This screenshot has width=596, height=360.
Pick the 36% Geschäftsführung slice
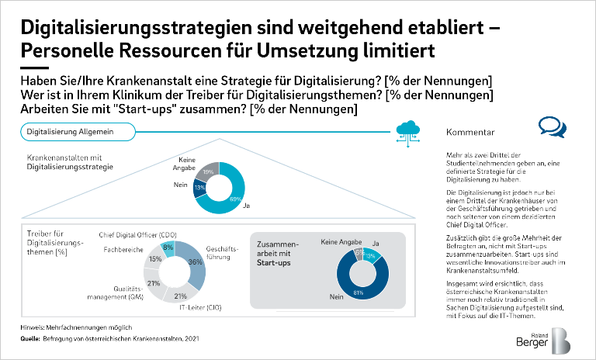pyautogui.click(x=197, y=263)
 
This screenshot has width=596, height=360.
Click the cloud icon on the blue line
pyautogui.click(x=407, y=129)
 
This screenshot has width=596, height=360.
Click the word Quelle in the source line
pyautogui.click(x=30, y=338)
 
